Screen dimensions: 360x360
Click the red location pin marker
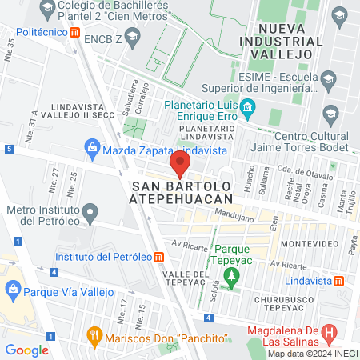tap(180, 166)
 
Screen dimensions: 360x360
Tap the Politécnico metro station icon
tap(74, 33)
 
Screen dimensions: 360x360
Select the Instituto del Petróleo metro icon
tap(159, 258)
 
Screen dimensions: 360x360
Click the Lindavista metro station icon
tap(339, 281)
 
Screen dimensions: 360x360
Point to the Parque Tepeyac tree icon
tap(232, 278)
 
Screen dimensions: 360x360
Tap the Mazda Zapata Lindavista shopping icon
tap(94, 147)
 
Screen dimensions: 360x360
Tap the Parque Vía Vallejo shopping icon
tap(13, 288)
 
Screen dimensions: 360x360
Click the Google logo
tap(26, 350)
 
